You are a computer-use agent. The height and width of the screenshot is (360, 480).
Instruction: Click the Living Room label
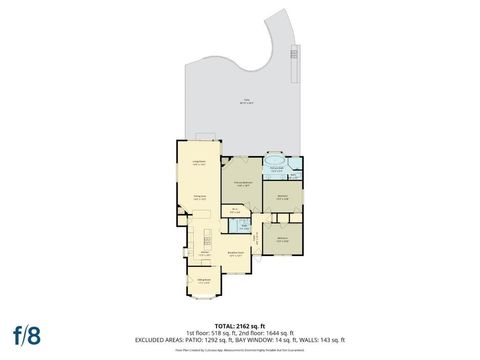point(199,161)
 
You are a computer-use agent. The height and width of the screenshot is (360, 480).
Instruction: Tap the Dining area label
point(199,198)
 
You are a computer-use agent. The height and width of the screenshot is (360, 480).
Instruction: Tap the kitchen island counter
point(207,240)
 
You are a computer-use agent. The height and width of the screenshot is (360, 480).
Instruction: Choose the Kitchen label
point(203,253)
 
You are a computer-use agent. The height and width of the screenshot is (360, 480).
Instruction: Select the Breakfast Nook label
point(237,254)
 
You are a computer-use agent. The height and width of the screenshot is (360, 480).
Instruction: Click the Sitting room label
point(203,282)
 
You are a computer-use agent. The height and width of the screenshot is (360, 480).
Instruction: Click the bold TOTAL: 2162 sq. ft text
point(239,325)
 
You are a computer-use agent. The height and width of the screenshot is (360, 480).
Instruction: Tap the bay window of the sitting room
point(204,296)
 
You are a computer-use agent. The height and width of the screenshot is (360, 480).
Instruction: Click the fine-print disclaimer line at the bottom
point(240,351)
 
